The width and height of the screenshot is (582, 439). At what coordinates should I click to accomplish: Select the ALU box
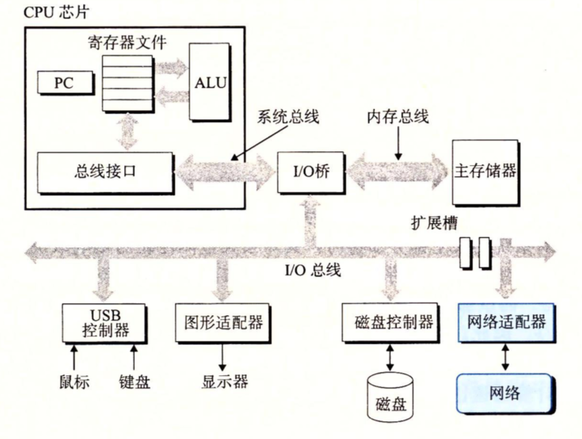click(x=209, y=84)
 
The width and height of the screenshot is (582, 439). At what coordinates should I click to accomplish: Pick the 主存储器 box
click(x=485, y=172)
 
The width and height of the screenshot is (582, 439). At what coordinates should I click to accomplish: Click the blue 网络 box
click(x=505, y=392)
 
